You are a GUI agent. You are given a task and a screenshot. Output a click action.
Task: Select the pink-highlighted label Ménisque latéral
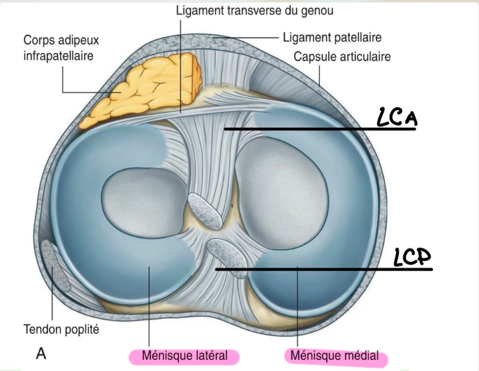tap(181, 356)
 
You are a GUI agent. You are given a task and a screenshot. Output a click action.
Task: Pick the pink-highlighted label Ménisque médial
tap(335, 357)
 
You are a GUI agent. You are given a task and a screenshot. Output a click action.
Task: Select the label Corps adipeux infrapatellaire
tap(59, 47)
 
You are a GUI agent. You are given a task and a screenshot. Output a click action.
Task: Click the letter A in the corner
tap(42, 354)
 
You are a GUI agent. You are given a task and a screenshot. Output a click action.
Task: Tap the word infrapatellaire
tap(59, 55)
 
